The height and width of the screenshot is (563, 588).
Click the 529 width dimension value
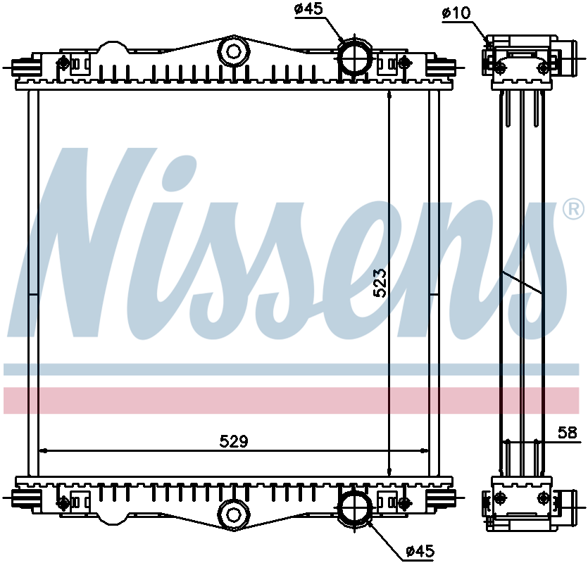click(233, 441)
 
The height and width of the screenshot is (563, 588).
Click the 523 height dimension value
click(380, 282)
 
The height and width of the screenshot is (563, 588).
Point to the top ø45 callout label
click(308, 9)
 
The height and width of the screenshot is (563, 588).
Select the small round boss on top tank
click(232, 51)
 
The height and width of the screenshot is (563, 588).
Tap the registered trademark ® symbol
click(573, 209)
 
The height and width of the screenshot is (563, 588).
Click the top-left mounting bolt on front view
click(64, 62)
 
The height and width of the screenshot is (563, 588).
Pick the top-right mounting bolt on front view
click(404, 62)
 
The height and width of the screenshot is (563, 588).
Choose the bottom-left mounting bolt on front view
click(64, 502)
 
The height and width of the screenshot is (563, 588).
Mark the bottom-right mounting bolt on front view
click(404, 502)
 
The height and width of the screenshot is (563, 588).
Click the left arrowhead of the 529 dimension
click(44, 450)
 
